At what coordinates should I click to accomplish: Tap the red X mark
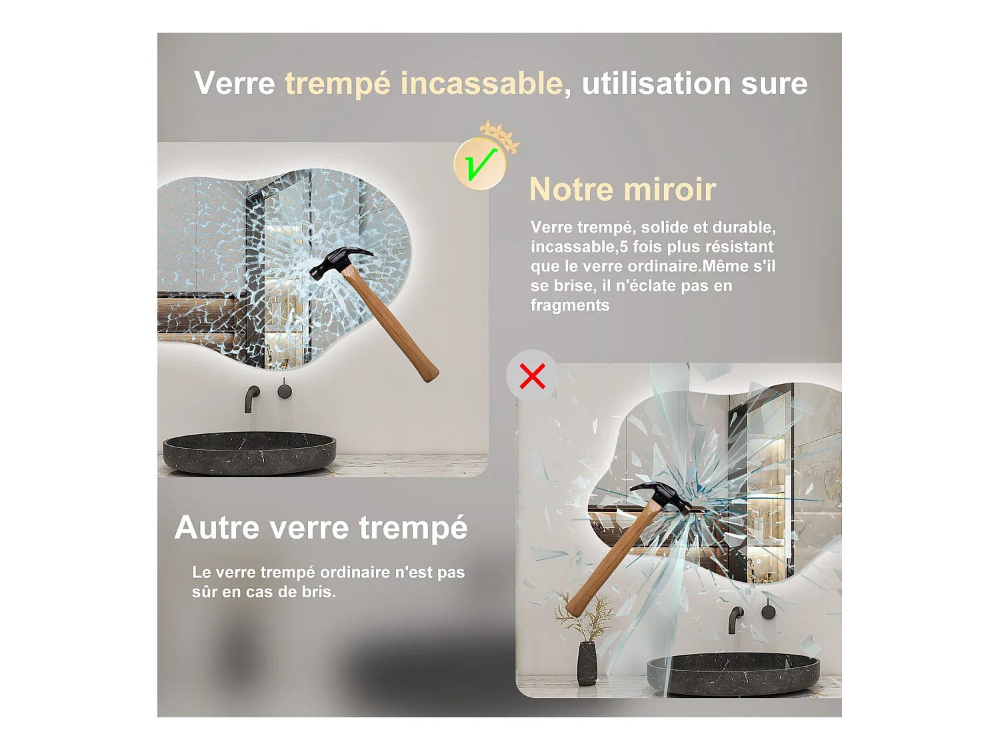point(532,376)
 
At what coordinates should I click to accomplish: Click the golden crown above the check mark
point(500,137)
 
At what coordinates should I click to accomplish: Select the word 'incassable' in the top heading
point(481,83)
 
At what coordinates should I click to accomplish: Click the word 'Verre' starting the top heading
point(234,83)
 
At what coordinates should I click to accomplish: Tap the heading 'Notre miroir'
point(622,189)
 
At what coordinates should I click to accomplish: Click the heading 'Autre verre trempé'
point(321,527)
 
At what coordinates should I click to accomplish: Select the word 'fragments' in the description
point(570,305)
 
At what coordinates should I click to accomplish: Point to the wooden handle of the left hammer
point(390,324)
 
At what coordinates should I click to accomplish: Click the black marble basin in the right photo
point(733,673)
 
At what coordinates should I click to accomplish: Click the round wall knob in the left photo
point(285,390)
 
